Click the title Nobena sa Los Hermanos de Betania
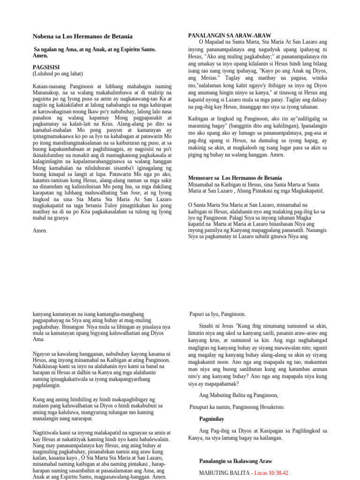pos(82,37)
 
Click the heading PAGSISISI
pos(46,67)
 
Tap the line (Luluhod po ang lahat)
pos(58,74)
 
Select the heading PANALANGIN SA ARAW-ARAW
pos(229,36)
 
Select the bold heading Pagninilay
pos(212,418)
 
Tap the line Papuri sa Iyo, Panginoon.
pos(217,314)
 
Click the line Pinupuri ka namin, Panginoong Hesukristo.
pos(237,407)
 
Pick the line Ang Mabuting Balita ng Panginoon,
pos(239,395)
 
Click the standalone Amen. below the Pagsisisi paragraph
pos(40,231)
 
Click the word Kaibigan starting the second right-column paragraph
pos(201,119)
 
